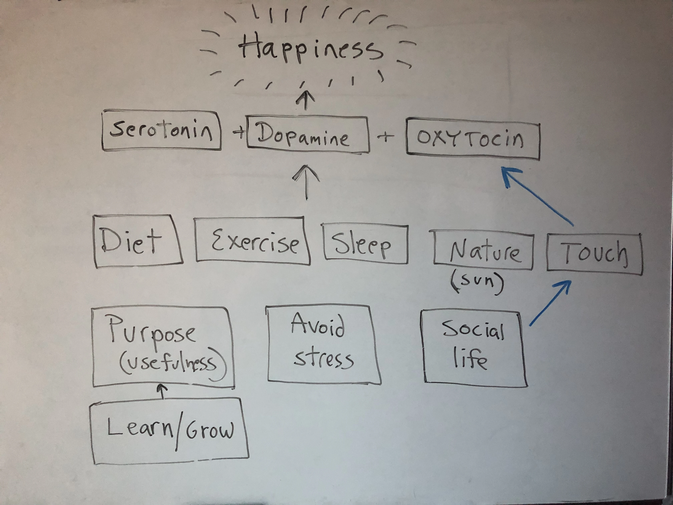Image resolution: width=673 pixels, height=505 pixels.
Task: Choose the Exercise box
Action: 253,240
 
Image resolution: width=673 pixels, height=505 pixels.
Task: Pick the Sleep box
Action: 365,243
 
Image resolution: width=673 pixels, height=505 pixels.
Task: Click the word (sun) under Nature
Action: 477,282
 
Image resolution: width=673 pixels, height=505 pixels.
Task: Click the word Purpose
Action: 152,330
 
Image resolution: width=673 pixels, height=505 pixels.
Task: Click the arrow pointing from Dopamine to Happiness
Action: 305,100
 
